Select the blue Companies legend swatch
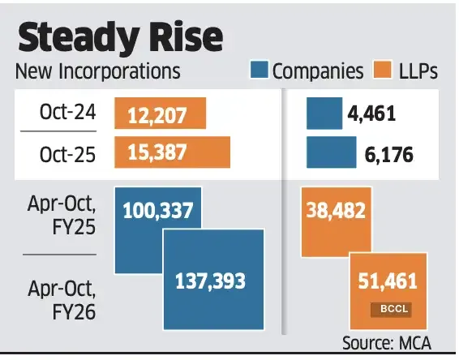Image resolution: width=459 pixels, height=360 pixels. click(x=259, y=71)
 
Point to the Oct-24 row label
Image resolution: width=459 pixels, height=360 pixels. click(x=69, y=113)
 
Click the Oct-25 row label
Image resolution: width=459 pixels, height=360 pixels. click(x=69, y=152)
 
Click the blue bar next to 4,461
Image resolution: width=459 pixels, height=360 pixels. click(x=323, y=114)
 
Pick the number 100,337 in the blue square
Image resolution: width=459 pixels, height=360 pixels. click(x=158, y=212)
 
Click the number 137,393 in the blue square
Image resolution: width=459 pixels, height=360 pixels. click(x=210, y=281)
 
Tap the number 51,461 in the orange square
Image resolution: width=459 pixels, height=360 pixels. click(x=387, y=282)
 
